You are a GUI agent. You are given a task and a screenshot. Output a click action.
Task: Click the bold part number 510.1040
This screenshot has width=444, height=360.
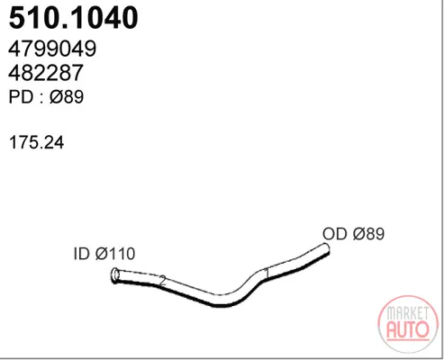point(74,18)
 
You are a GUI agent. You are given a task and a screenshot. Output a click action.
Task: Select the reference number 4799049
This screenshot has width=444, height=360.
point(52,49)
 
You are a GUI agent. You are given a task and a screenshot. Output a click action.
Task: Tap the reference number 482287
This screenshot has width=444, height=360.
point(46,73)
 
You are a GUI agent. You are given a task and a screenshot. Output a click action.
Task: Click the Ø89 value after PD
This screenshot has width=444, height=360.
point(67,97)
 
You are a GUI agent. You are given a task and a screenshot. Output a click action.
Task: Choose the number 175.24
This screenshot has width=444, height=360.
point(37,142)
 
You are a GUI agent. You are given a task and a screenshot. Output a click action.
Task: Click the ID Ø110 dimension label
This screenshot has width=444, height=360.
point(104,254)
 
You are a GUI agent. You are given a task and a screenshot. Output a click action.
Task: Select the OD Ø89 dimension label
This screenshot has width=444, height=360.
point(353,234)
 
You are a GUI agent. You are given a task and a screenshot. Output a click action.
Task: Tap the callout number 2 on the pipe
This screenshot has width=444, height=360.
point(162,281)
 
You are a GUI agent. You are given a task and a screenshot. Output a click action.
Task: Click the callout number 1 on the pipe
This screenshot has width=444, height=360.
point(267,274)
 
